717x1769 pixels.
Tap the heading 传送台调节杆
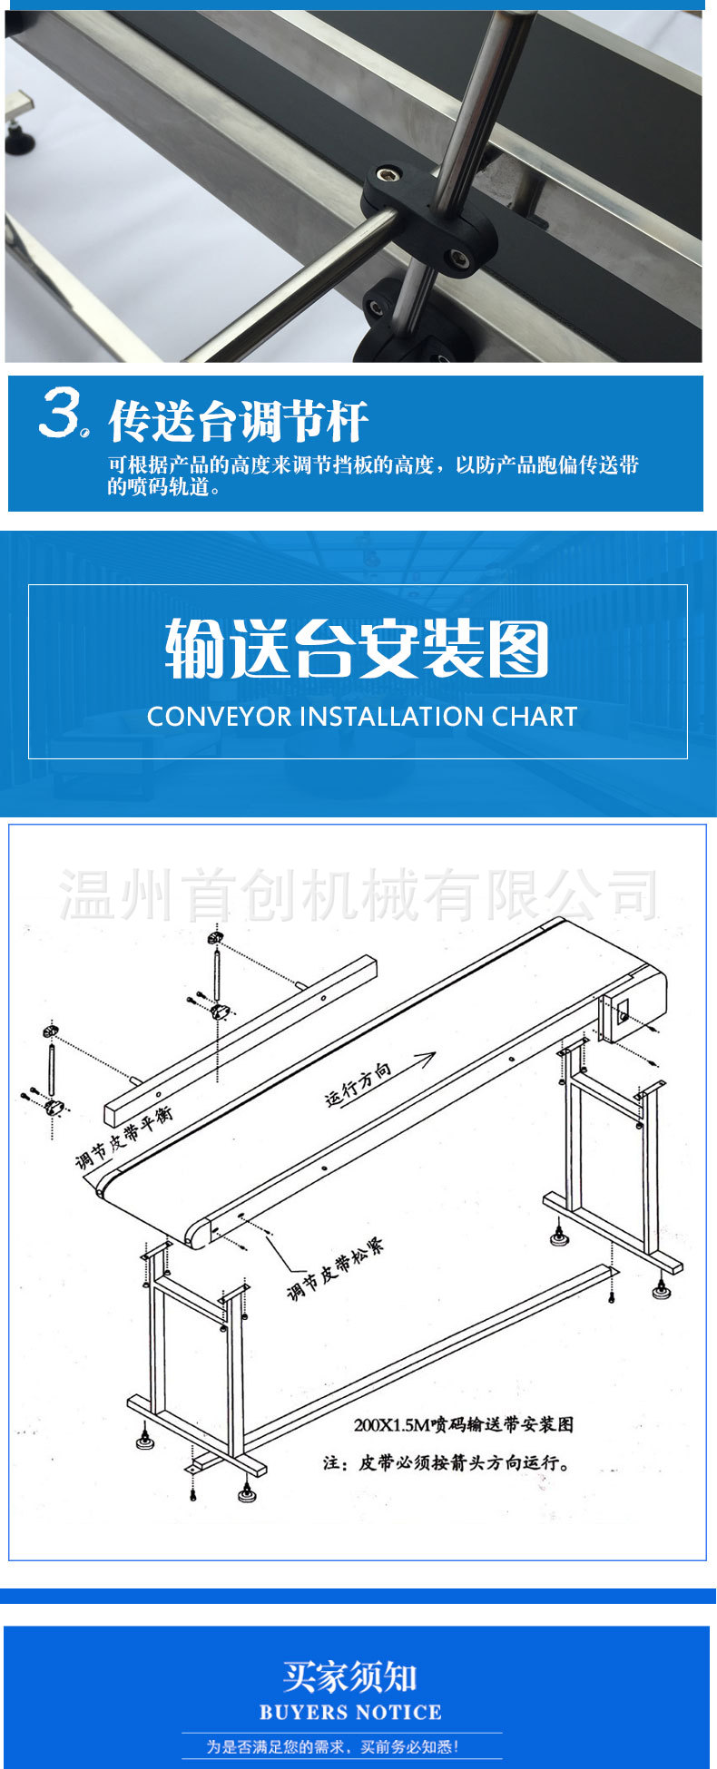238,422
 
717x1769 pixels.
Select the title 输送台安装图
357,649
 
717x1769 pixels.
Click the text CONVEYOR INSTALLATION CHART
361,717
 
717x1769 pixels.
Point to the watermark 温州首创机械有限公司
358,894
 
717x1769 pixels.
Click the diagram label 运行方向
358,1084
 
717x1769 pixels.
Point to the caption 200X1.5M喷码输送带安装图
463,1424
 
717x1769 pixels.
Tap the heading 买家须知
349,1676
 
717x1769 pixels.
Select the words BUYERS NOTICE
350,1713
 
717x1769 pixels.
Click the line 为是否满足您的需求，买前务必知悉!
332,1746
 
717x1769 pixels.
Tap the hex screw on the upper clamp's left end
390,172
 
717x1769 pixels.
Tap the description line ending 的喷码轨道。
163,488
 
